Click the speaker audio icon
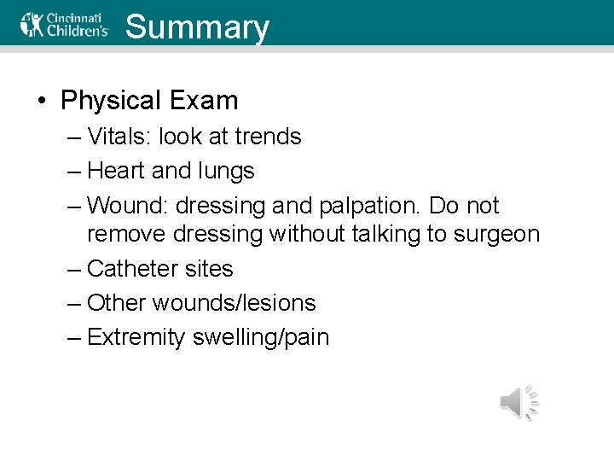coord(519,402)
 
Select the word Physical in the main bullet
coord(111,101)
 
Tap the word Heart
coord(116,171)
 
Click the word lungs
coord(226,172)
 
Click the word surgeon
coord(498,234)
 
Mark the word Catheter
coord(129,268)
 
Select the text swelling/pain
coord(261,338)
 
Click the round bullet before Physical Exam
coord(41,102)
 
